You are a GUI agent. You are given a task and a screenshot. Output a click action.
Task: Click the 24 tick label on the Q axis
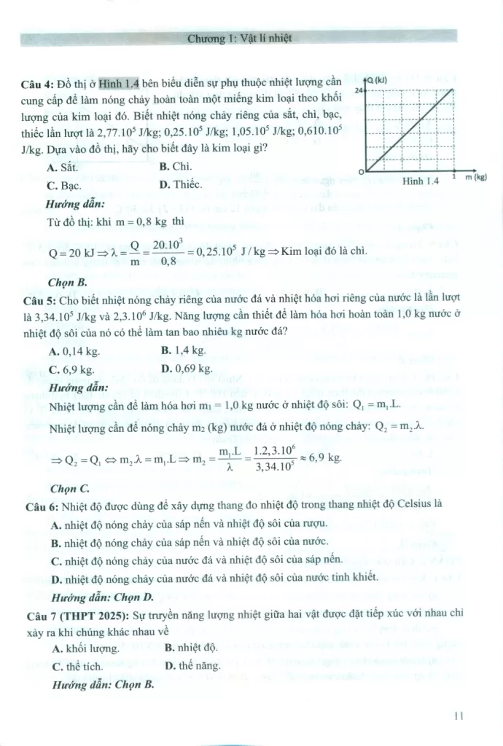click(x=359, y=89)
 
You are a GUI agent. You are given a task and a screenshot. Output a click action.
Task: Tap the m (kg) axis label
click(x=475, y=176)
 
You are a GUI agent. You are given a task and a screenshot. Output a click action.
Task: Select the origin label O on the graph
click(x=360, y=170)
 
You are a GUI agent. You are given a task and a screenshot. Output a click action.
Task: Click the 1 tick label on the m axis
click(x=454, y=176)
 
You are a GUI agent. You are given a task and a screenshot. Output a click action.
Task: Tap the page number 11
click(x=459, y=715)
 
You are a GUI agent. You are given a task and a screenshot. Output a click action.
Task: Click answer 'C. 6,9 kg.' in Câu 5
click(x=74, y=369)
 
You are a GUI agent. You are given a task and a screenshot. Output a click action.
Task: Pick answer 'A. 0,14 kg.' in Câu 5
click(x=76, y=350)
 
